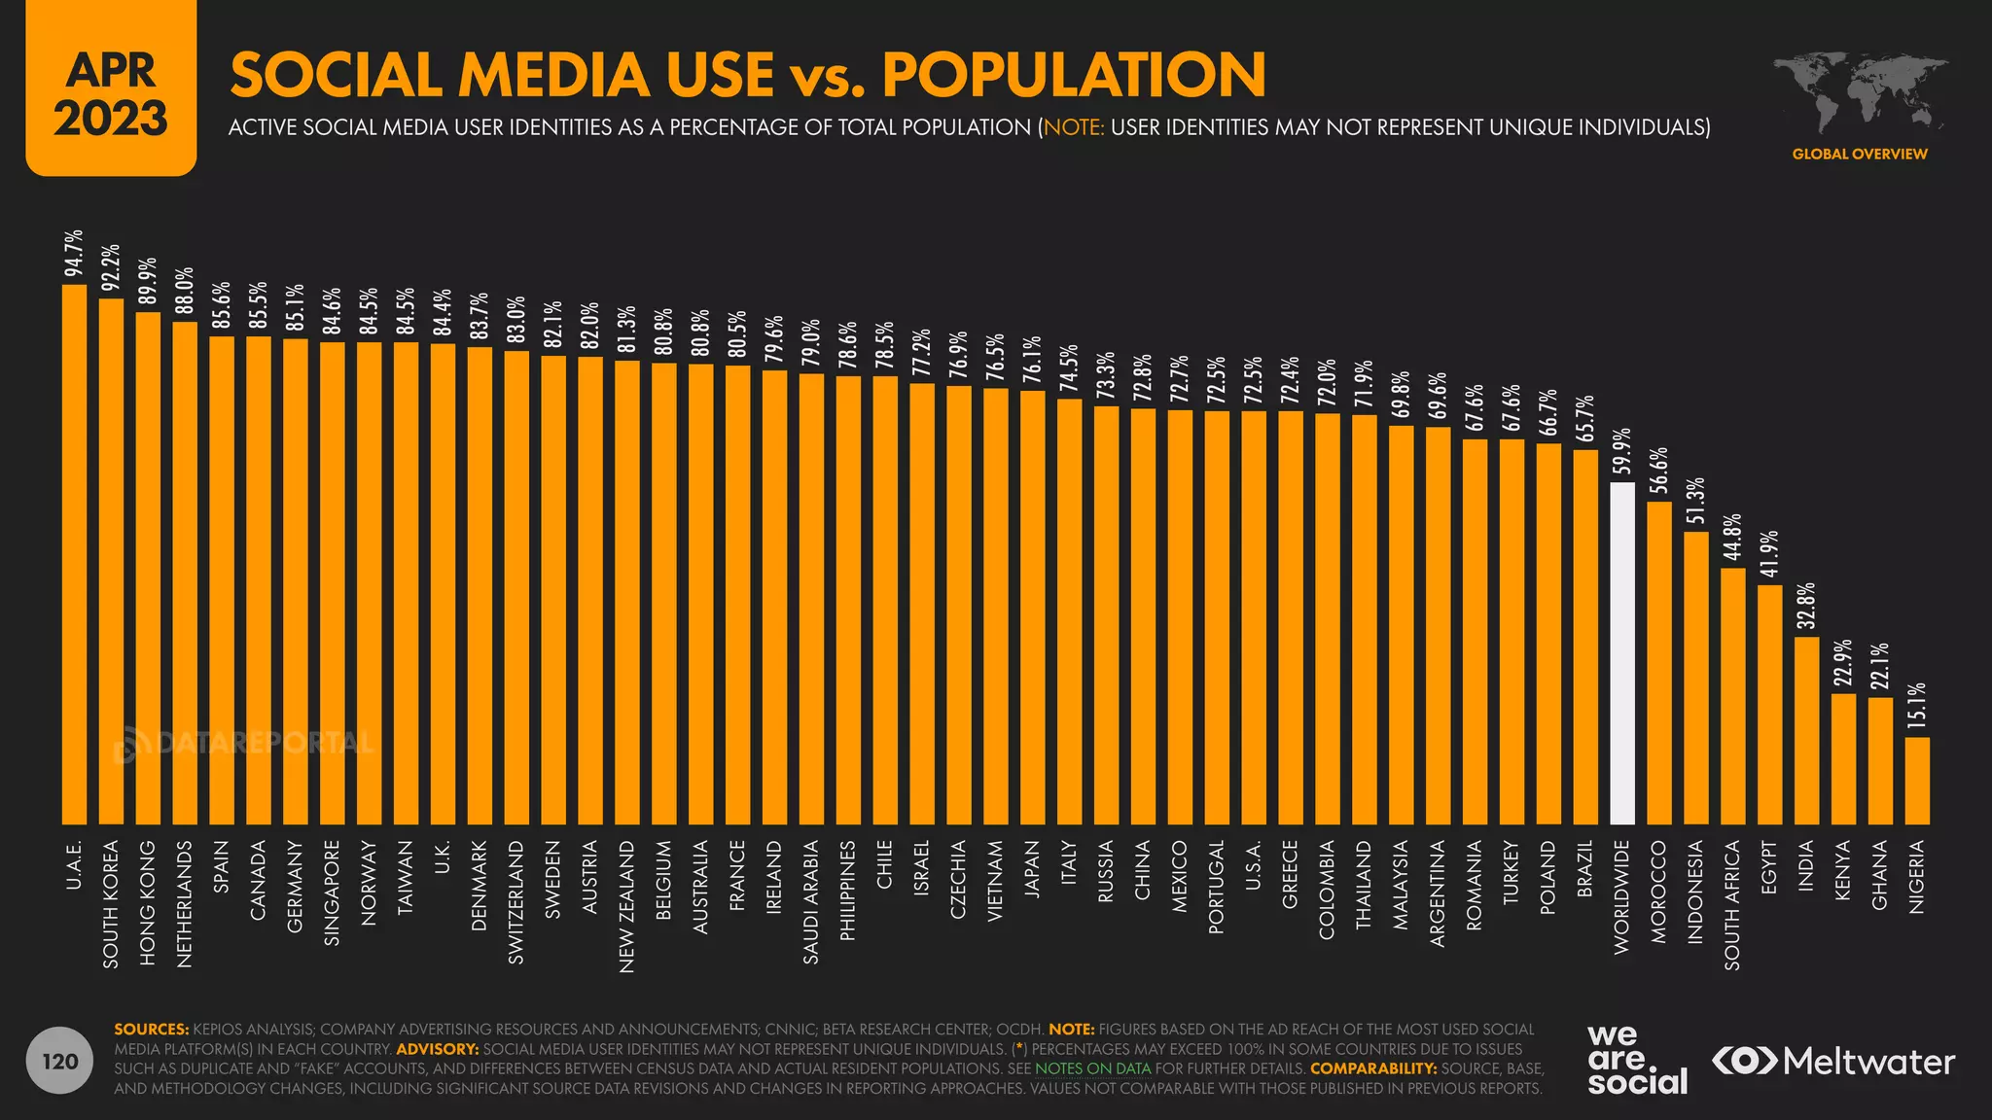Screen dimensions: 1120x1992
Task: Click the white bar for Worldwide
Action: coord(1621,653)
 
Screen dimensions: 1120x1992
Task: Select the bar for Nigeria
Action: coord(1917,781)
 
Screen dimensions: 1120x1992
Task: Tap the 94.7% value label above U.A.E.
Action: coord(74,254)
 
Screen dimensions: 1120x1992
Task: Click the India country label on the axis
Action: coord(1806,865)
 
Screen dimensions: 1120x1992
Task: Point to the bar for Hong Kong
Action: coord(148,569)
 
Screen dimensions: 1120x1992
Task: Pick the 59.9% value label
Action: coord(1621,451)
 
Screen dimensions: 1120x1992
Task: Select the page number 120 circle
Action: coord(60,1061)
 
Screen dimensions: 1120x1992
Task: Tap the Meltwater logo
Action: coord(1833,1062)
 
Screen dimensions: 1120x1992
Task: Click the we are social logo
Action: coord(1637,1060)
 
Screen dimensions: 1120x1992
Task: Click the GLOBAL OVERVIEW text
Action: coord(1859,154)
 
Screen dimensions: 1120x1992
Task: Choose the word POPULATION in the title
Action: coord(1074,75)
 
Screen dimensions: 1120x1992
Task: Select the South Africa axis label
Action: coord(1732,905)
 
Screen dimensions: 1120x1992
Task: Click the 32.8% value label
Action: coord(1806,605)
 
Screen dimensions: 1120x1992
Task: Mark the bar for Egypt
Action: coord(1769,705)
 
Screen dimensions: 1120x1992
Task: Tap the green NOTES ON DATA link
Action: coord(1092,1068)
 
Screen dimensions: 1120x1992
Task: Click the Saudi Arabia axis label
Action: coord(810,902)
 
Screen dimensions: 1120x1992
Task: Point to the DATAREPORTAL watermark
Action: coord(243,745)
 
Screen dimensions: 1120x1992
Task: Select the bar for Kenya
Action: coord(1843,759)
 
